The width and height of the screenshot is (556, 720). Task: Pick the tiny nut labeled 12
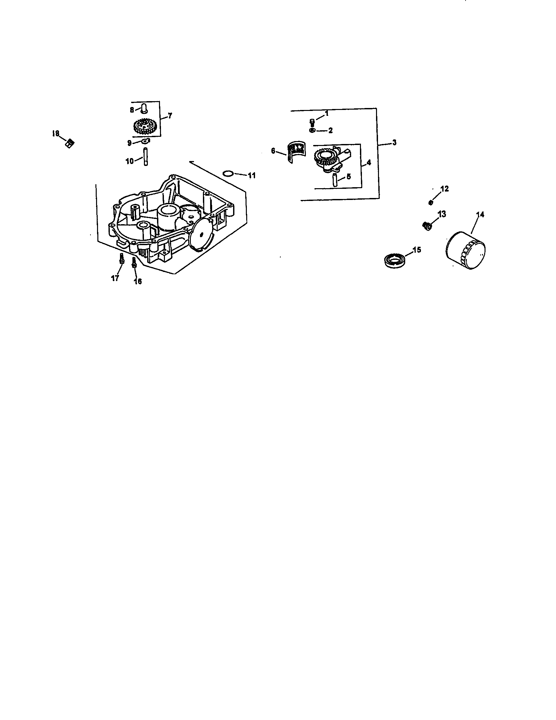430,202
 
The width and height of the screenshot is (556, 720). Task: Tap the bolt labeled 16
134,262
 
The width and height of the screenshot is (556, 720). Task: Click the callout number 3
394,142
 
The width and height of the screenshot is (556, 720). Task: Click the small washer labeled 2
312,130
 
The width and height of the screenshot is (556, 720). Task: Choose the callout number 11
252,176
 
